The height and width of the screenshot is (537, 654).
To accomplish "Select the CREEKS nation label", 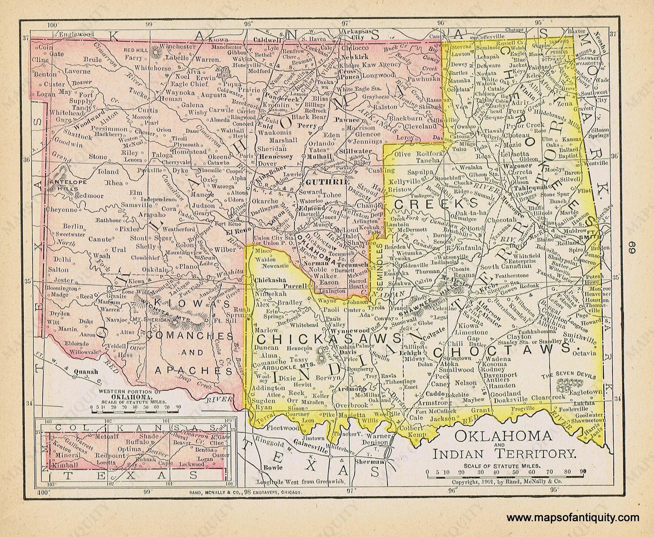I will pyautogui.click(x=437, y=204).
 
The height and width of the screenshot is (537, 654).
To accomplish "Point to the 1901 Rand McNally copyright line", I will pyautogui.click(x=506, y=481).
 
